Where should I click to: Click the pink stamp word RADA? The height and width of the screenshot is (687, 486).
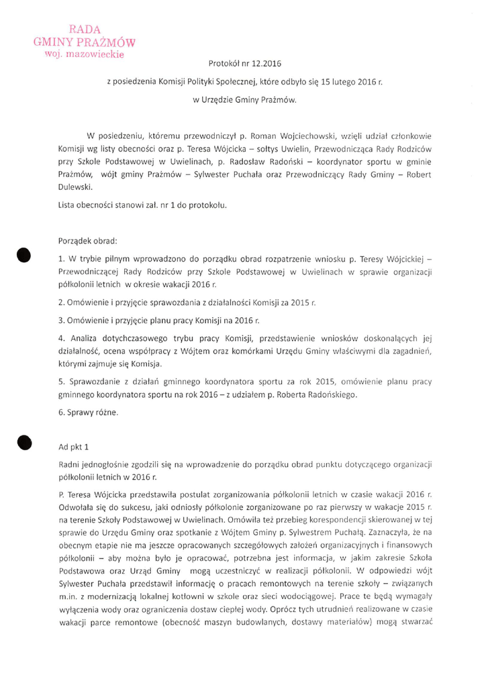pyautogui.click(x=85, y=29)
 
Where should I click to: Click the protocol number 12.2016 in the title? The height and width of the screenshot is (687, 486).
pyautogui.click(x=264, y=64)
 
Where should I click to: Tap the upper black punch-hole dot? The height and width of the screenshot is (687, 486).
pyautogui.click(x=25, y=256)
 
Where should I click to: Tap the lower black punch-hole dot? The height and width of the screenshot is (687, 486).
pyautogui.click(x=25, y=441)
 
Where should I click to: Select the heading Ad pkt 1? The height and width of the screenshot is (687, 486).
pyautogui.click(x=74, y=446)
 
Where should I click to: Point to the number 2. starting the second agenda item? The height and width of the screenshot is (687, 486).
pyautogui.click(x=61, y=303)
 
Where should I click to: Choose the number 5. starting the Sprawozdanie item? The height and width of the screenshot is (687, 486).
pyautogui.click(x=61, y=382)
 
